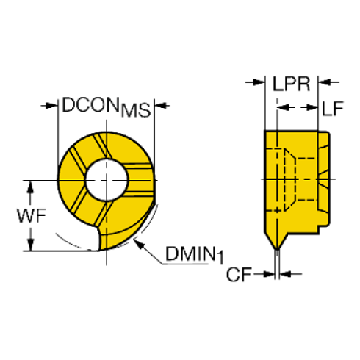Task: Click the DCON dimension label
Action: tap(91, 105)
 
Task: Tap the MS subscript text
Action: tap(136, 110)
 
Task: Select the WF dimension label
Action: tap(32, 216)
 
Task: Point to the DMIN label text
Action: tap(190, 253)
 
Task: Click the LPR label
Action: tap(292, 84)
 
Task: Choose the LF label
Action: tap(333, 109)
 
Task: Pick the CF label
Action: tap(239, 275)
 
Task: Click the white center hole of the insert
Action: tap(107, 180)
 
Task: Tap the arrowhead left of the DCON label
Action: tap(52, 106)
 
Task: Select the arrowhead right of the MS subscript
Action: tap(161, 106)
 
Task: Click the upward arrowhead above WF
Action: tap(30, 187)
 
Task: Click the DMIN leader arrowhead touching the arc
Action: tap(138, 244)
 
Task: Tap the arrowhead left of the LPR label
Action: tap(259, 82)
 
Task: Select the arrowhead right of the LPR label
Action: tap(324, 82)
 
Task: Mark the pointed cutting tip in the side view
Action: tap(277, 249)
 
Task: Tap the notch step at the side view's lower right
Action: tap(320, 229)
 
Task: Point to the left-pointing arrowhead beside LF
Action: tap(283, 107)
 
